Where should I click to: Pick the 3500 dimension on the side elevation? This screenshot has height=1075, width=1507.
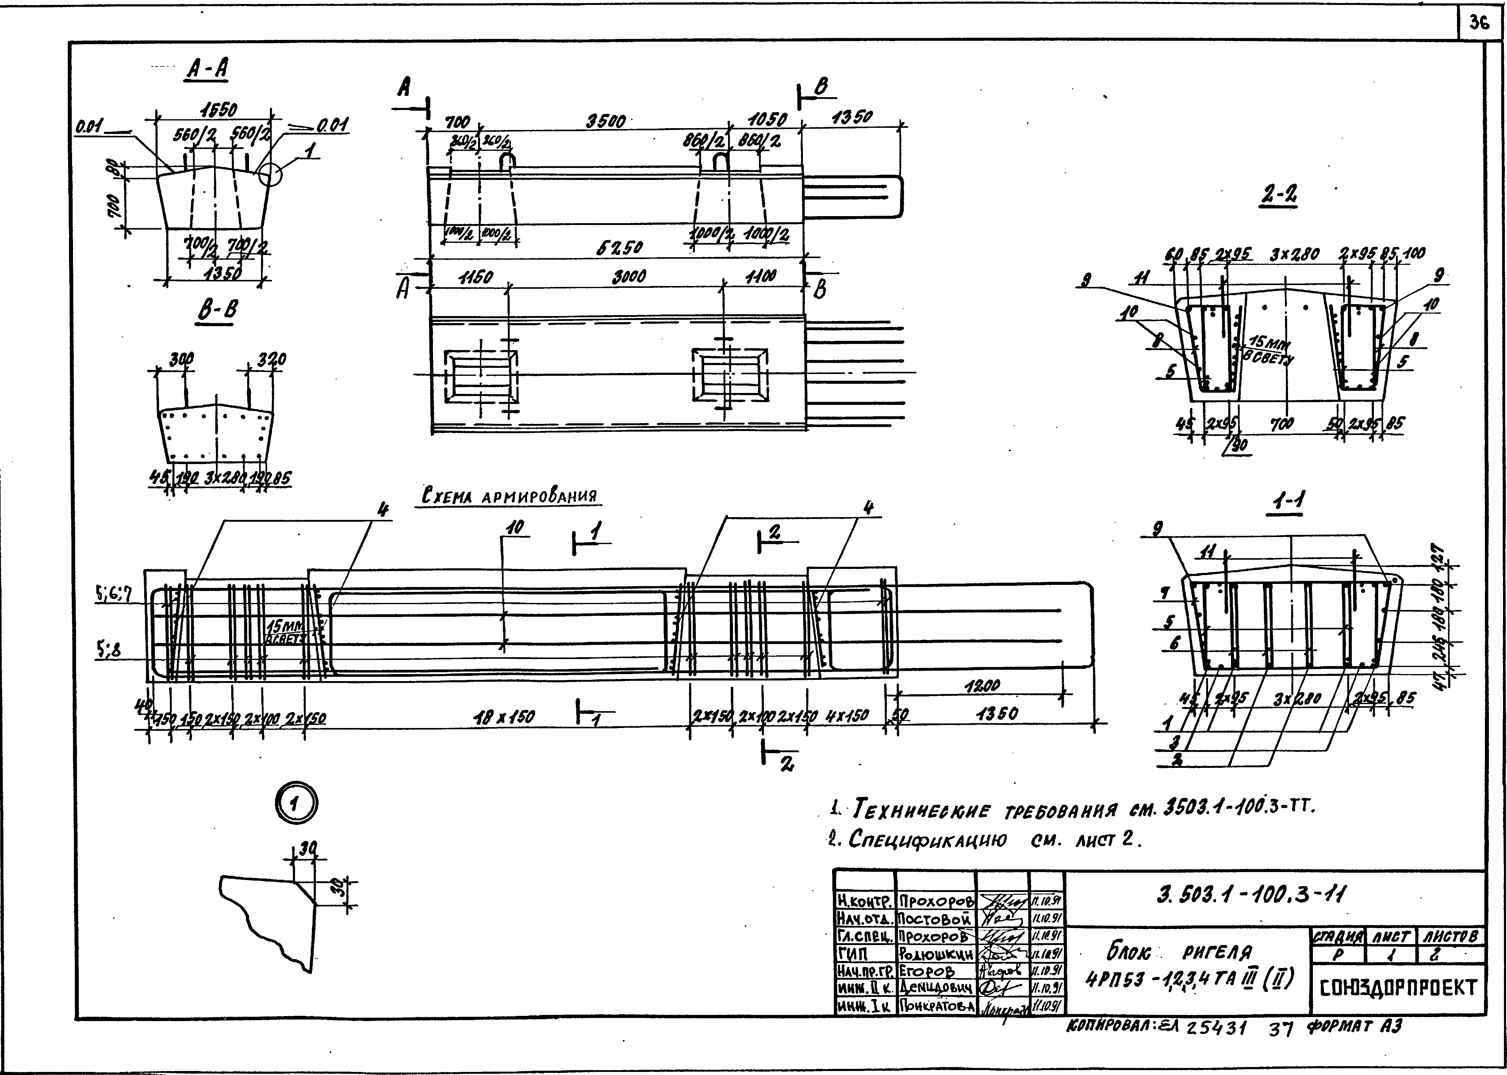[x=606, y=122]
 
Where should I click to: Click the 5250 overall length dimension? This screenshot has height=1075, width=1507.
[x=619, y=248]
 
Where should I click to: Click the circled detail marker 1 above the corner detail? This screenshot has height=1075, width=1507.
[x=296, y=804]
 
